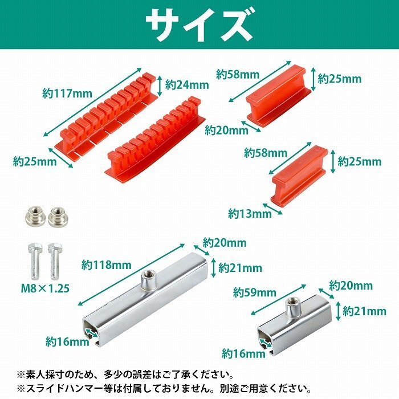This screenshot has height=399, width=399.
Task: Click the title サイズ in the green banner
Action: point(199,25)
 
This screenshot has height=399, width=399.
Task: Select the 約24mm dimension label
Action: point(187,85)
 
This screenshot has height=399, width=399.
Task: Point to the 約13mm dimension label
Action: point(250,214)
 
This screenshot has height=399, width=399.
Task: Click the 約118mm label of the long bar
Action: point(106,264)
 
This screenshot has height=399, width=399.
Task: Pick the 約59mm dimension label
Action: point(254,293)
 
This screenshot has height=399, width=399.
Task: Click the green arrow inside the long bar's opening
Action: point(90,328)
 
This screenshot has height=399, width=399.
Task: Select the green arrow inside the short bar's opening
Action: point(264,343)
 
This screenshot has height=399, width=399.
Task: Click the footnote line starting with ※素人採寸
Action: point(125,374)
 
